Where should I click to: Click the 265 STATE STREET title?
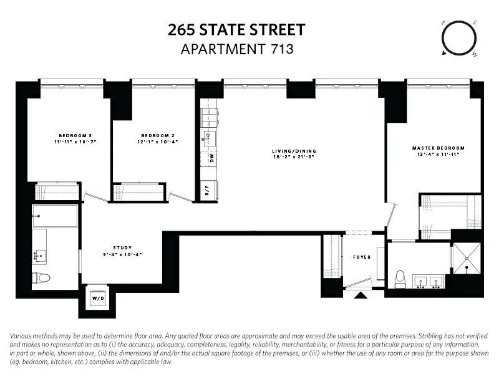point(236,29)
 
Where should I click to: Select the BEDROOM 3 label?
point(75,136)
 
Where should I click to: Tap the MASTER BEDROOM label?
point(438,148)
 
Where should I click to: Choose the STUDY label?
point(122,247)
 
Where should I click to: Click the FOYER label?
point(362,257)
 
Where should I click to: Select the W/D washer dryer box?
point(99,298)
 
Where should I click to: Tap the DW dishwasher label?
point(211,159)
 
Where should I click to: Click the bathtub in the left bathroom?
point(55,216)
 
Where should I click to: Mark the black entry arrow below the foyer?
point(360,294)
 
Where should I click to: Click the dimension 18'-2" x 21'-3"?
point(294,158)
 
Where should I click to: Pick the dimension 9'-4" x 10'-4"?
point(122,254)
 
